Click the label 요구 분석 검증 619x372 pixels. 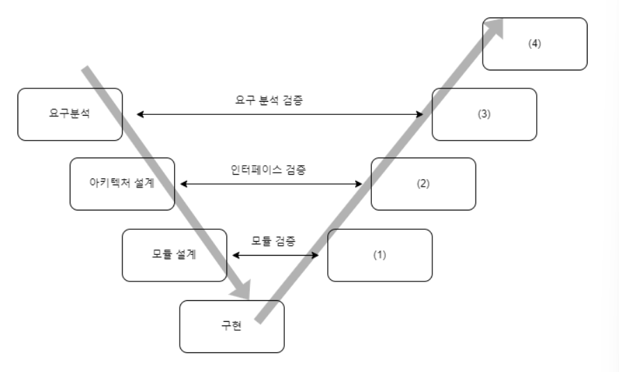click(269, 100)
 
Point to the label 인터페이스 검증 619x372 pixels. click(268, 169)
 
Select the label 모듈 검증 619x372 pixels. click(274, 241)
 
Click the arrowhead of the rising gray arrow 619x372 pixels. click(496, 26)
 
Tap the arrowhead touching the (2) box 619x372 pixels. click(359, 184)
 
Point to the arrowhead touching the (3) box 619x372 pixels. click(419, 114)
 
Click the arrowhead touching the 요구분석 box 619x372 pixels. click(140, 114)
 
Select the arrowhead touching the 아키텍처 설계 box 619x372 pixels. click(184, 184)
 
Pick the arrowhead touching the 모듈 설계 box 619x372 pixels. click(236, 255)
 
